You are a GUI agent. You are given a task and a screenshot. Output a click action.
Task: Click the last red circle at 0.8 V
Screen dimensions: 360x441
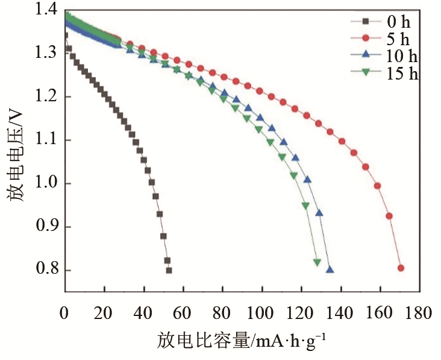point(401,268)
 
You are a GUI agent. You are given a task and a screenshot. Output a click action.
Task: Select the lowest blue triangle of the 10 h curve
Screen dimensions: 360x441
point(330,270)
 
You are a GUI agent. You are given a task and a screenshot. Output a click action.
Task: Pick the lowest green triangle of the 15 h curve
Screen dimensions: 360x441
point(317,262)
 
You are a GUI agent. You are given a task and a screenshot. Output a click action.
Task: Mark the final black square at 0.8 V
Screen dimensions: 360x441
point(169,270)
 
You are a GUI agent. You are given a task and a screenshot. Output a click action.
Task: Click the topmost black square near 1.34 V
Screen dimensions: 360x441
point(65,36)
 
